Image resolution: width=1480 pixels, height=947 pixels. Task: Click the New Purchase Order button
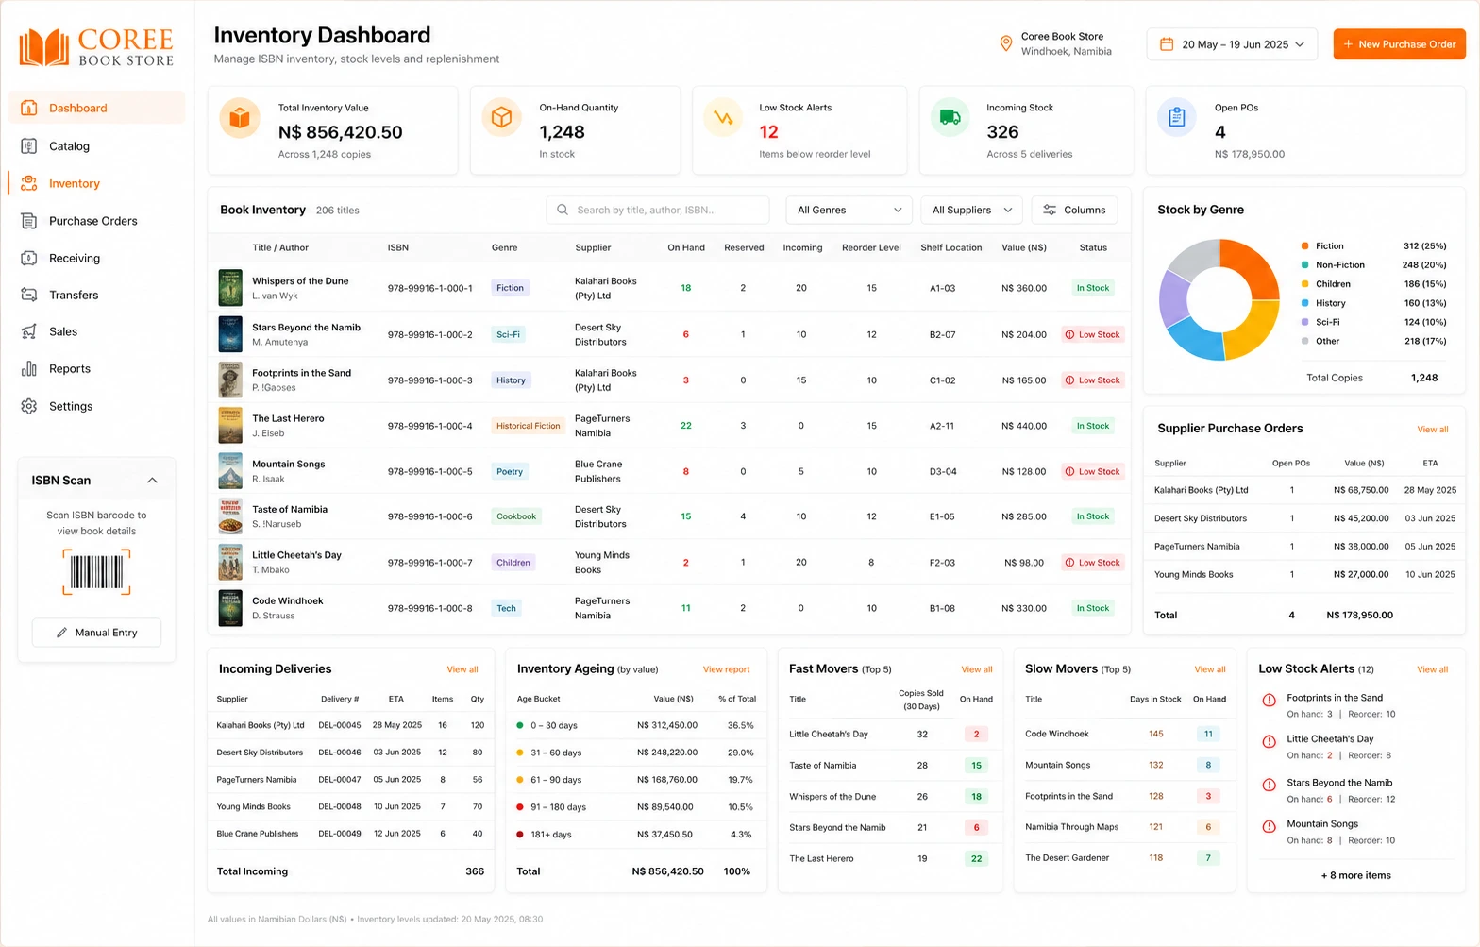(x=1399, y=44)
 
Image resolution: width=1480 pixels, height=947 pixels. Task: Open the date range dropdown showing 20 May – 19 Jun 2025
(x=1232, y=44)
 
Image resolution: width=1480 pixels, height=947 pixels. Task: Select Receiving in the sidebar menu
(x=74, y=258)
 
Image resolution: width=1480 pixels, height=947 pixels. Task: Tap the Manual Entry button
(x=96, y=633)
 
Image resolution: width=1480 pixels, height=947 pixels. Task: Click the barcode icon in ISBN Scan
(x=96, y=571)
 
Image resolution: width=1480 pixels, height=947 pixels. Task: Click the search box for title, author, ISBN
(x=657, y=210)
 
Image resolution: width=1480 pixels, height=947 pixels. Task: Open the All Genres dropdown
(x=849, y=210)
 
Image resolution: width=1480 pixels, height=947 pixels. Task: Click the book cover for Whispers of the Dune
(x=230, y=287)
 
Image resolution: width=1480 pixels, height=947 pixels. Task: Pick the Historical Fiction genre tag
(x=528, y=426)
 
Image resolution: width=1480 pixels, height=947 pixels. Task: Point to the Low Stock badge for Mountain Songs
(x=1093, y=471)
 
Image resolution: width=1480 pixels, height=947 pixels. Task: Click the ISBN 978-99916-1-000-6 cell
(x=429, y=516)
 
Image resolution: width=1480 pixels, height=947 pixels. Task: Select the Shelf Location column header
(x=950, y=247)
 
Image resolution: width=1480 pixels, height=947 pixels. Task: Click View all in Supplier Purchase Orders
(x=1432, y=429)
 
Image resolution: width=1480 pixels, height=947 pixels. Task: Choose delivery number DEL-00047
(x=340, y=779)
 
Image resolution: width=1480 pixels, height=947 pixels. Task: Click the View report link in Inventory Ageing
(x=726, y=669)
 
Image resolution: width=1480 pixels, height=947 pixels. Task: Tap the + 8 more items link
(x=1355, y=875)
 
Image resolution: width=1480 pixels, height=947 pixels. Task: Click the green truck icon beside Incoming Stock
(x=950, y=118)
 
